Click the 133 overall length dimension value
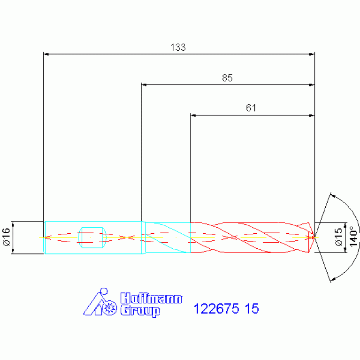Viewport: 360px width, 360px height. [x=178, y=47]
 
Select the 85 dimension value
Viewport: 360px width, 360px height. [x=227, y=78]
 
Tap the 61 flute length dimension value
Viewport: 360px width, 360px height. [x=251, y=107]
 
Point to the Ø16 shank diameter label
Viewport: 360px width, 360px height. [x=7, y=237]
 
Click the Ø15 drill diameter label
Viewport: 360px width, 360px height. [x=339, y=237]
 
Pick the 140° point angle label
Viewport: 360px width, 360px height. [x=353, y=237]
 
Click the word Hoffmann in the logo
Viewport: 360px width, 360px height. [x=151, y=298]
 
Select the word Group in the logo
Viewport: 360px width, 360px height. [x=140, y=311]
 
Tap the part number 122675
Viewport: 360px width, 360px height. [x=216, y=308]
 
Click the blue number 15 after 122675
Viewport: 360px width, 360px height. [x=252, y=308]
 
